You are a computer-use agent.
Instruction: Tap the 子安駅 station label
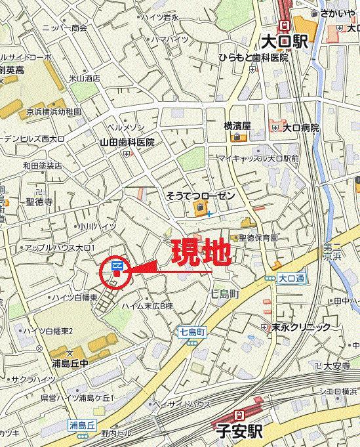tap(241, 432)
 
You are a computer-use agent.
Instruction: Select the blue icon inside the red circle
tap(117, 265)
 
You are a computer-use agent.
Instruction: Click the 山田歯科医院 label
tap(127, 142)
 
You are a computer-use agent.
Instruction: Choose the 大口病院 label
tap(300, 127)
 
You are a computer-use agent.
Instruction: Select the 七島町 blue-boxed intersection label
tap(192, 333)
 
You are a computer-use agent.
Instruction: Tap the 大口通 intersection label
tap(291, 278)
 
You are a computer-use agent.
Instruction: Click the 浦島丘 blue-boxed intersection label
tap(83, 425)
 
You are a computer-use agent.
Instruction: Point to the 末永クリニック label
tap(301, 326)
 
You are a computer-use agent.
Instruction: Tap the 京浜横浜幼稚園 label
tap(54, 112)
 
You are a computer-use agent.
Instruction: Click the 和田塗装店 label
tap(42, 165)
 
